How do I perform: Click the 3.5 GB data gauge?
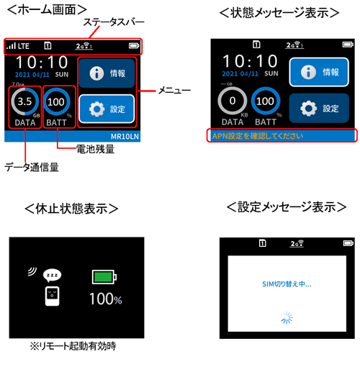[x=24, y=102]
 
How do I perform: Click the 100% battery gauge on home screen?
[x=57, y=102]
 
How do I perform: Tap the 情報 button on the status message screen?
[x=314, y=72]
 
